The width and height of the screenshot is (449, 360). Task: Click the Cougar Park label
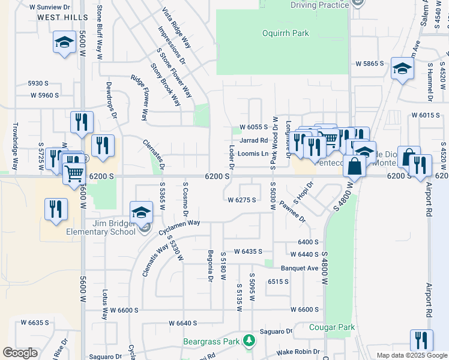[332, 327]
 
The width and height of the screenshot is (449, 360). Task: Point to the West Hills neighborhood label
[62, 17]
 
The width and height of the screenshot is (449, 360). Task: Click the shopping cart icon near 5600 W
[74, 173]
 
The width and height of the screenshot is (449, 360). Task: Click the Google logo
[20, 353]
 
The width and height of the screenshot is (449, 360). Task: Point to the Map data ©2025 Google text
[411, 355]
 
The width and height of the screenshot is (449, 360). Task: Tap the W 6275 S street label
[242, 200]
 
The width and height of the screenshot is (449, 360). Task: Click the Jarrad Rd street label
[253, 140]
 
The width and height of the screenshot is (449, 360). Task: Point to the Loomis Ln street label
[253, 154]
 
